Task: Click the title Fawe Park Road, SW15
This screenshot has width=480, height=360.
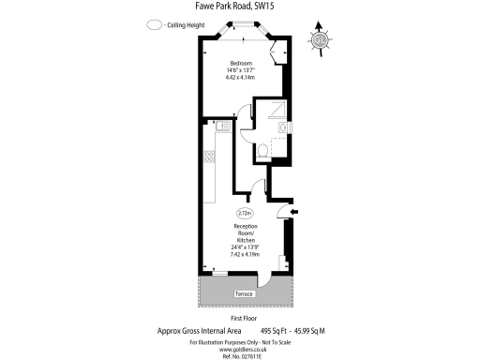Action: tap(240, 7)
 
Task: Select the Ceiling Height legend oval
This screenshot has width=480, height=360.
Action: tap(154, 25)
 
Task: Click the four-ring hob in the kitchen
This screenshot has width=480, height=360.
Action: tap(207, 157)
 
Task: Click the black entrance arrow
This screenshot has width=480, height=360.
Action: tap(294, 214)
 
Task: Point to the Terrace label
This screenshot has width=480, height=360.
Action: tap(244, 296)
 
